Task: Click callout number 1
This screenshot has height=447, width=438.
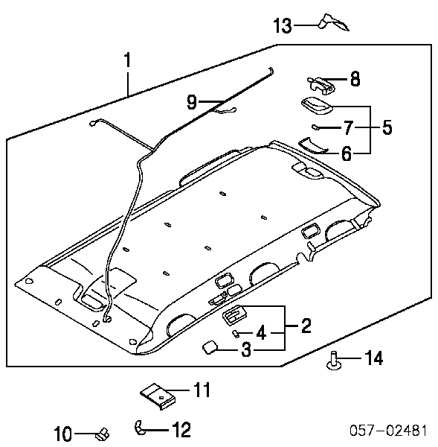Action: click(127, 60)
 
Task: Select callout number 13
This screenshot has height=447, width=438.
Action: click(283, 25)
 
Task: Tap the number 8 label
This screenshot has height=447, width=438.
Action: click(355, 79)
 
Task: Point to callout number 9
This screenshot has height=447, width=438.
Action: click(192, 102)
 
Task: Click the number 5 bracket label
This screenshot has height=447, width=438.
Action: click(387, 127)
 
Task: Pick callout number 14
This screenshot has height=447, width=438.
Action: click(374, 358)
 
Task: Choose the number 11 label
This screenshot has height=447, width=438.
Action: click(202, 390)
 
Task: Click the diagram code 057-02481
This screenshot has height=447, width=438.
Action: click(388, 430)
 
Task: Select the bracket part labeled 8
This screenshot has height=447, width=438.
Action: click(321, 85)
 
